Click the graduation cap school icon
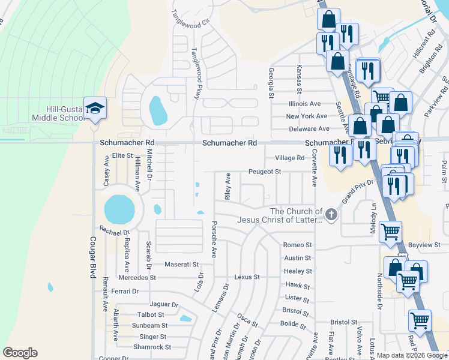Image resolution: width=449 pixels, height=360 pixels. pyautogui.click(x=95, y=108)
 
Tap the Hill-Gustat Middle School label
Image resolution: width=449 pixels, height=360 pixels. pyautogui.click(x=65, y=113)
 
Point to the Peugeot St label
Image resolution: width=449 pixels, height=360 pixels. pyautogui.click(x=265, y=172)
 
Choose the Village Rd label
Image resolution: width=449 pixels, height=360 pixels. pyautogui.click(x=289, y=158)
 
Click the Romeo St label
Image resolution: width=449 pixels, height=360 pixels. pyautogui.click(x=298, y=245)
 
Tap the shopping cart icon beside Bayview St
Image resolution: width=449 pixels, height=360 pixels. pyautogui.click(x=390, y=231)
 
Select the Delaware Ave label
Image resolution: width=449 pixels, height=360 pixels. pyautogui.click(x=307, y=128)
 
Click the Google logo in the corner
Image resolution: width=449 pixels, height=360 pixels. pyautogui.click(x=20, y=353)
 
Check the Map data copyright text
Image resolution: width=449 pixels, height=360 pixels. pyautogui.click(x=412, y=355)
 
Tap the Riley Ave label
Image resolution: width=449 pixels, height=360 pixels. pyautogui.click(x=228, y=187)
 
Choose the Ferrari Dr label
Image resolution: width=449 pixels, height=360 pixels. pyautogui.click(x=125, y=291)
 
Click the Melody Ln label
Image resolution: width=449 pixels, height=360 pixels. pyautogui.click(x=373, y=215)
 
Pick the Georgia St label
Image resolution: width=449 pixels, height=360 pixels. pyautogui.click(x=271, y=83)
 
